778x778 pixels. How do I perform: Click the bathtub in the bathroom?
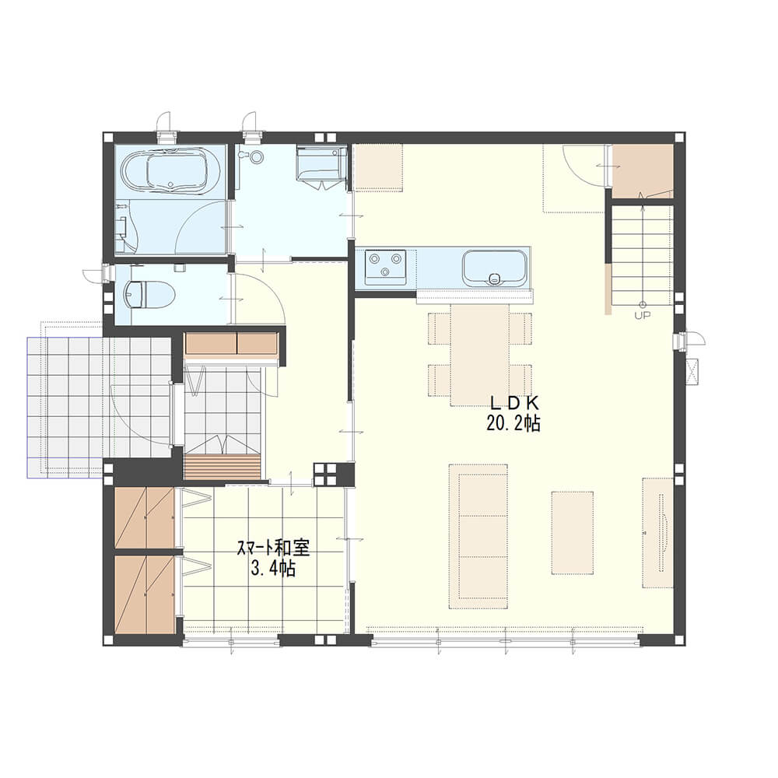click(x=164, y=171)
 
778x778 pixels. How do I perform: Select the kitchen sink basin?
click(x=494, y=268)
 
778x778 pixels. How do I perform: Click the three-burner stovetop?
click(x=386, y=267)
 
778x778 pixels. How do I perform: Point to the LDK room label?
click(x=514, y=402)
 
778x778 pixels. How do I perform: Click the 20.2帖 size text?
click(x=513, y=423)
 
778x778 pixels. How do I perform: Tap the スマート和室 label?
click(x=273, y=548)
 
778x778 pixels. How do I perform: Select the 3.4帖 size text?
click(x=273, y=568)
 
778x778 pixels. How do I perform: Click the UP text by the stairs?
click(x=643, y=315)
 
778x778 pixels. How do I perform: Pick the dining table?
click(x=480, y=354)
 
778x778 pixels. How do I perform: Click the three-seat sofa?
click(x=478, y=536)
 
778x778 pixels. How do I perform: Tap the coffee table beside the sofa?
click(x=573, y=533)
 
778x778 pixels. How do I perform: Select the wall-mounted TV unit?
click(x=658, y=532)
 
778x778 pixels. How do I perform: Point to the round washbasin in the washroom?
click(x=256, y=157)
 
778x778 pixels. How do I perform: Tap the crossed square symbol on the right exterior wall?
click(x=692, y=370)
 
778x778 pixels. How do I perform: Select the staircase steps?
click(x=642, y=254)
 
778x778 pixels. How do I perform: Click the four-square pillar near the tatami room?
click(x=327, y=474)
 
